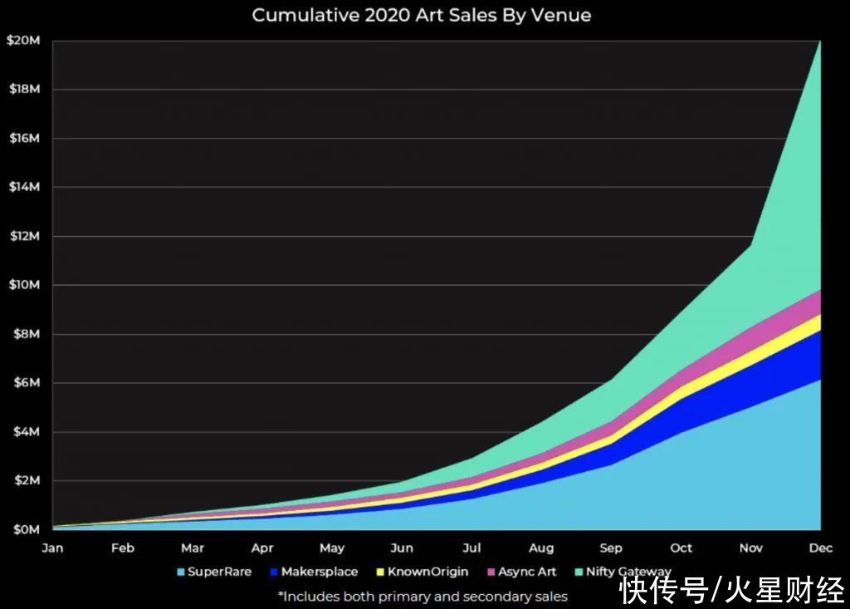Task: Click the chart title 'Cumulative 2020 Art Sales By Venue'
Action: point(421,15)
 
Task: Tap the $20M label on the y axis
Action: point(22,40)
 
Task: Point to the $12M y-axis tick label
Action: point(22,236)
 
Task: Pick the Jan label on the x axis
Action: point(52,548)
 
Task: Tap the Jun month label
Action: point(402,548)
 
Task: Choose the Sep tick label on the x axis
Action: point(611,548)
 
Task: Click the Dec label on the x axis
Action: point(820,548)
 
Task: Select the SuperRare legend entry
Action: point(213,572)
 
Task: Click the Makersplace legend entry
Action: point(312,572)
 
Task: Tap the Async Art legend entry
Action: point(520,572)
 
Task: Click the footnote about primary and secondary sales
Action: point(423,596)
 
